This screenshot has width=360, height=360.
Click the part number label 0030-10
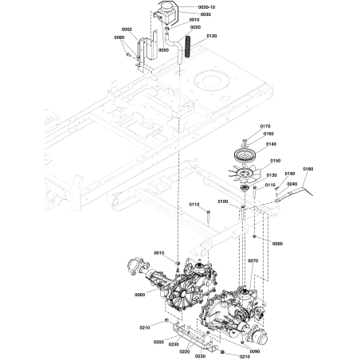[208, 6]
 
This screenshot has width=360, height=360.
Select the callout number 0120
[211, 37]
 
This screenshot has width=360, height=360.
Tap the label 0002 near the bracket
[128, 29]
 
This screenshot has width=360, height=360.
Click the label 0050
[162, 49]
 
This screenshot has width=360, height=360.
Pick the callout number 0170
[265, 126]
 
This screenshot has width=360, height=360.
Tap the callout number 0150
[276, 161]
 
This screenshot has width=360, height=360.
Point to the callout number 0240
[292, 183]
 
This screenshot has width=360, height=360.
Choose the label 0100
[222, 202]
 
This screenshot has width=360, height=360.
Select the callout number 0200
[158, 342]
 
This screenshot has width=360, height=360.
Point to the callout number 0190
[290, 174]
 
